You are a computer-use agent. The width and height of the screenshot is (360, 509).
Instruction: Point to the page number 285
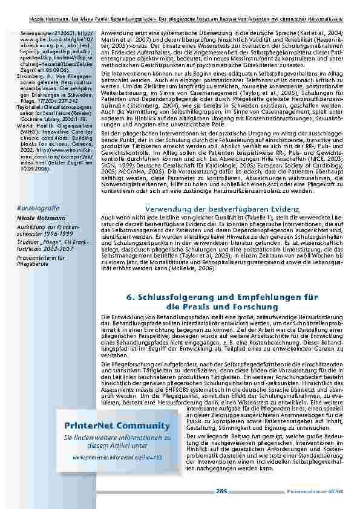[x=221, y=490]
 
